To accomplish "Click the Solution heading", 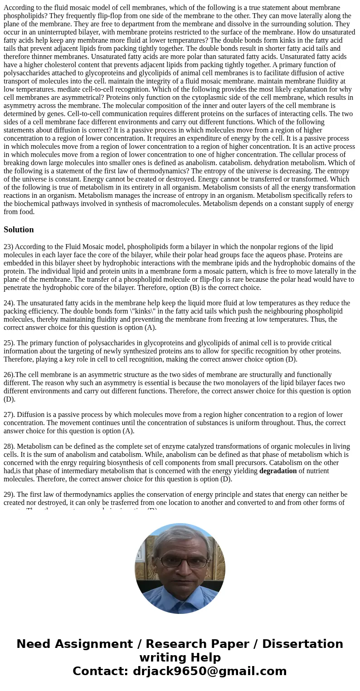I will pos(19,230).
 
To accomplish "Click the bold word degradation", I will pos(278,471).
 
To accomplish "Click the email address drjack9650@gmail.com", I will pos(209,671).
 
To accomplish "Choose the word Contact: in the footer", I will pos(101,671).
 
